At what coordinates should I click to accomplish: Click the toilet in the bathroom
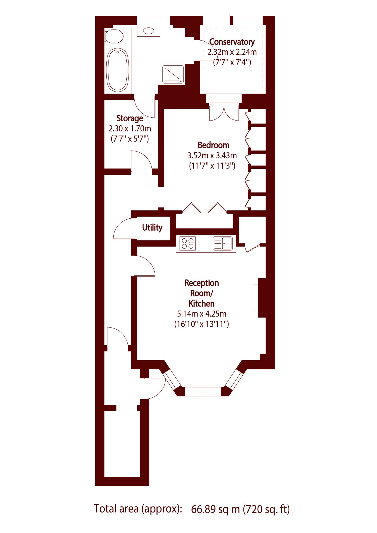(x=114, y=36)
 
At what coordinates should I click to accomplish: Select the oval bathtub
(x=118, y=70)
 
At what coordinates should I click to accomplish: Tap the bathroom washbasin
(x=149, y=31)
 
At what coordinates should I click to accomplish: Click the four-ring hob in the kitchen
(x=187, y=243)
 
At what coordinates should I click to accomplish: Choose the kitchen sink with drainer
(x=223, y=243)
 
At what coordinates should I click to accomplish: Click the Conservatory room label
(x=232, y=42)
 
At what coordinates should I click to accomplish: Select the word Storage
(x=130, y=118)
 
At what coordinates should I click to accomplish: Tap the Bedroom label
(x=214, y=145)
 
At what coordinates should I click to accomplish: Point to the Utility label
(x=152, y=227)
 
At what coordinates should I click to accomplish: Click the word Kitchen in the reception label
(x=202, y=303)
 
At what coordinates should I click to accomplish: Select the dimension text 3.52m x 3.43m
(x=212, y=155)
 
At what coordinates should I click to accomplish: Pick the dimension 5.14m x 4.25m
(x=202, y=314)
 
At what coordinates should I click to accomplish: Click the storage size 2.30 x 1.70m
(x=130, y=129)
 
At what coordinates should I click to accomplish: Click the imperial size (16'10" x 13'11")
(x=202, y=324)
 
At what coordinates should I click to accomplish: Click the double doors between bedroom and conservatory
(x=224, y=113)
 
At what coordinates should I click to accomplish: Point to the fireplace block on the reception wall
(x=262, y=298)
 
